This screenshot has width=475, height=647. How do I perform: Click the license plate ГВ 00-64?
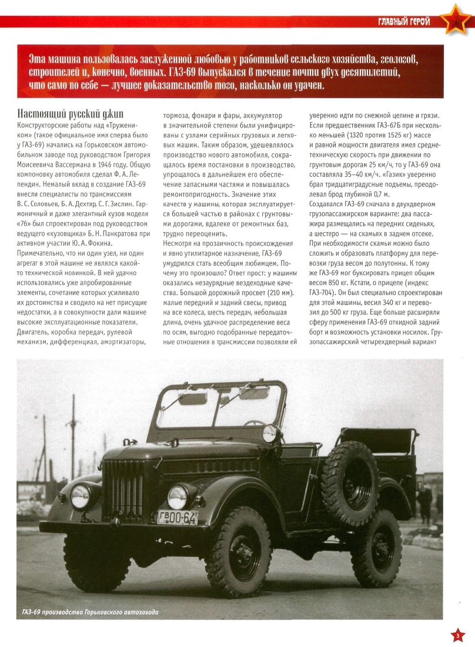click(177, 517)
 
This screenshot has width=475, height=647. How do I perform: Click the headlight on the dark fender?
click(80, 496)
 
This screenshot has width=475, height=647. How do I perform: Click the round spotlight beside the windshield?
click(270, 433)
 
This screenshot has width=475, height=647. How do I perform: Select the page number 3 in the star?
click(458, 635)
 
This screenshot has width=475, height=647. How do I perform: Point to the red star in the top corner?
click(456, 21)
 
